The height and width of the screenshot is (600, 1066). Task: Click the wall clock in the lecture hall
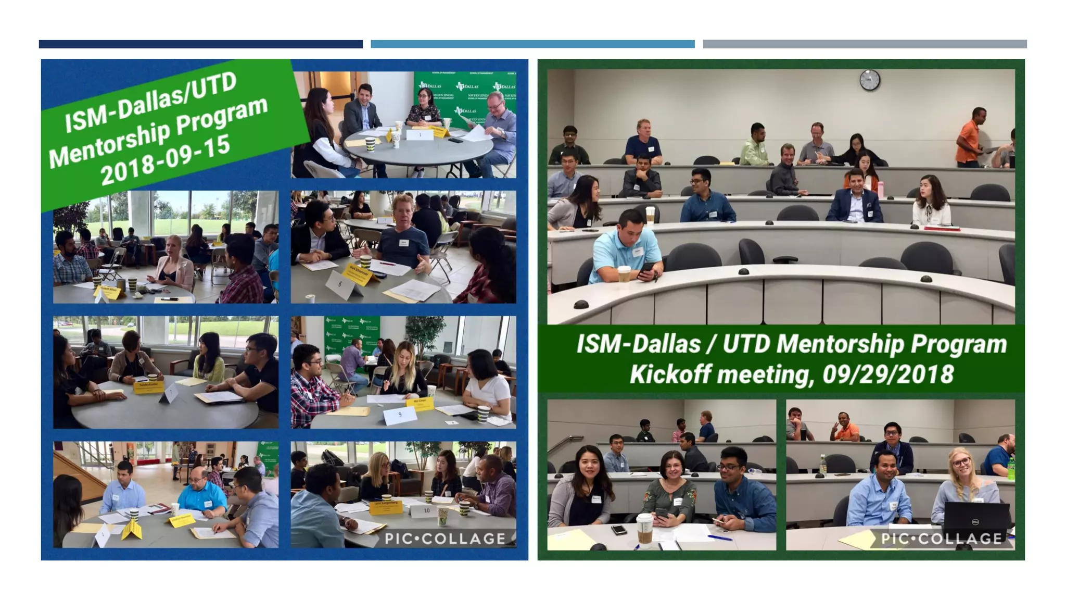coord(869,80)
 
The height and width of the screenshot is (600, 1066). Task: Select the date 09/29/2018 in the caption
coord(888,374)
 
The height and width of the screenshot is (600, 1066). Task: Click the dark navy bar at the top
coord(200,44)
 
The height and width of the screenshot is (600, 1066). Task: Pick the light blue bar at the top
coord(532,44)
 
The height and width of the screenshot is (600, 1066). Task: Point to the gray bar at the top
coord(865,44)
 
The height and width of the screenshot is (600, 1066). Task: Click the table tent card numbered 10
coord(426,510)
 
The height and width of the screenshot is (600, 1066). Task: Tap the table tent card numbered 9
coord(400,415)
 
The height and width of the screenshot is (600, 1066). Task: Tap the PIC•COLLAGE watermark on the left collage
coord(445,539)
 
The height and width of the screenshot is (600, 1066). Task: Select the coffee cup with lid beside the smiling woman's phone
coord(644,530)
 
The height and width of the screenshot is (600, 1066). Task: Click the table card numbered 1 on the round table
coord(420,135)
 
